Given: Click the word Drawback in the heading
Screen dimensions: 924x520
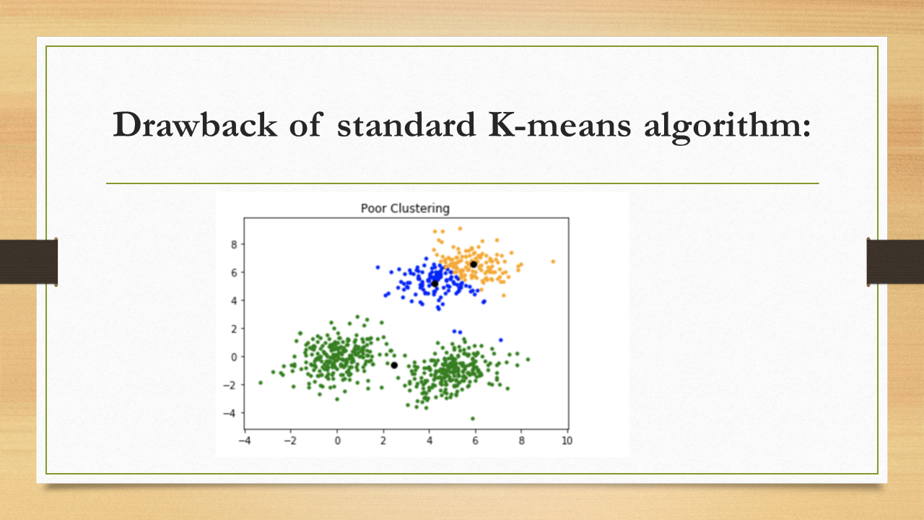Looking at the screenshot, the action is coord(195,124).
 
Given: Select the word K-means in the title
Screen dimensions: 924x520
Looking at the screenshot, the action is coord(559,124).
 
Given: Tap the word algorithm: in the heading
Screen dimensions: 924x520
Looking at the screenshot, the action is coord(727,126).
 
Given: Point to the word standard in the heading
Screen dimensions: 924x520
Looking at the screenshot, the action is coord(406,124).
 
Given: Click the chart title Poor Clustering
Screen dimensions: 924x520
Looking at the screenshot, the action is coord(405,209).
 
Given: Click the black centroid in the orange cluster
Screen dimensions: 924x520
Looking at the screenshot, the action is coord(474,264).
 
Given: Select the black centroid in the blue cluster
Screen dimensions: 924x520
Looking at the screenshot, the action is coord(435,284).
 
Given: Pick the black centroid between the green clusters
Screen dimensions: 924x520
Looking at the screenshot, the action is coord(394,365).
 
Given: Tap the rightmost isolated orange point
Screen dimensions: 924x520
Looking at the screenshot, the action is coord(553,261).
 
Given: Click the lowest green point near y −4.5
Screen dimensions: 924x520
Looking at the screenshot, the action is coord(473,418).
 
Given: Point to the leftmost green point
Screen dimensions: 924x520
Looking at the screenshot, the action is coord(261,383).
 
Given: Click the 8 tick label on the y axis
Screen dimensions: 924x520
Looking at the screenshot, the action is coord(234,245).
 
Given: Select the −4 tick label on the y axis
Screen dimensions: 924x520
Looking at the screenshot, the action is coord(230,413).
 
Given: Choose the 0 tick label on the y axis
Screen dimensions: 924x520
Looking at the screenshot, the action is coord(234,357).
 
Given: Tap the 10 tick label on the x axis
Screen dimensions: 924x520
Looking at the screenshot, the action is coord(567,441).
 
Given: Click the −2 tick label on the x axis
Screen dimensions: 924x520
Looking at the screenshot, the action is coord(290,441).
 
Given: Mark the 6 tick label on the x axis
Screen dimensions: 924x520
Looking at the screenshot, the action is coord(475,441).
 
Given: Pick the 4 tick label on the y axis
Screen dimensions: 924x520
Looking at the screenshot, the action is coord(234,301).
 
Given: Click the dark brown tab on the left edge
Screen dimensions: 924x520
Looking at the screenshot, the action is coord(28,261).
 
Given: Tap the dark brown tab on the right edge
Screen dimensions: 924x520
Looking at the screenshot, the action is coord(895,261).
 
